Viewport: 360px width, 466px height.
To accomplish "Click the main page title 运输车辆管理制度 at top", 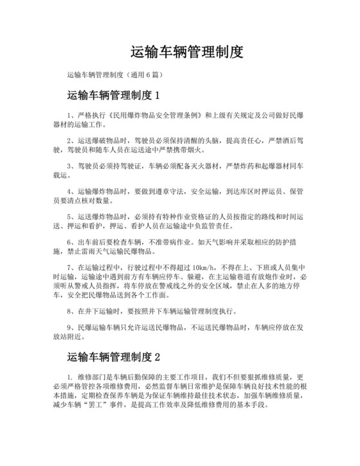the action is click(x=187, y=51).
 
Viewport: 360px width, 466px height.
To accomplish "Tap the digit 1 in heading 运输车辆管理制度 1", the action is click(x=156, y=96).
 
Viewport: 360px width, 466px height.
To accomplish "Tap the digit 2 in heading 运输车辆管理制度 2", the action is click(x=156, y=356).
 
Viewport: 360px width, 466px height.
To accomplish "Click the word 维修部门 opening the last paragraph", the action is click(x=90, y=377).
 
